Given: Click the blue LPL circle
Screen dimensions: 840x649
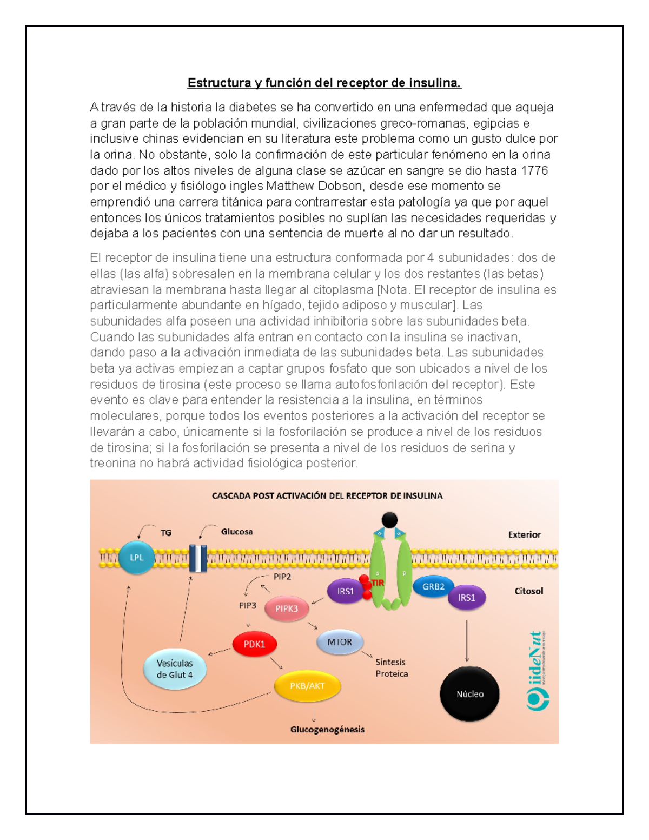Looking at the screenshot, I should [136, 557].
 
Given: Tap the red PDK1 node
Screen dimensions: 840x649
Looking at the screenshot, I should [254, 644].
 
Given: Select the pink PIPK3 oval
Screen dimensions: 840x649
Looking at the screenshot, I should [287, 608].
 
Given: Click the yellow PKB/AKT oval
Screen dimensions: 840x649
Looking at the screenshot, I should [307, 686].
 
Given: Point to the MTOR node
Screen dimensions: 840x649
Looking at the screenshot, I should [340, 642].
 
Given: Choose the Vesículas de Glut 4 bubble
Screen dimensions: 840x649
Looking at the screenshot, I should [175, 669].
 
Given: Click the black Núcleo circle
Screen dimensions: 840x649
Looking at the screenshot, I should [469, 694].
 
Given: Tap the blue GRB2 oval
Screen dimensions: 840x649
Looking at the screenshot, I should [433, 587].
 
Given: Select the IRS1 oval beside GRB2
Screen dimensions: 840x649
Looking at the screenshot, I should [466, 598].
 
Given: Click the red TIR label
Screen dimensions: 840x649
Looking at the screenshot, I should [378, 583].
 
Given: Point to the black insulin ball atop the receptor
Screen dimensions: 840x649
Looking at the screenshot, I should [389, 520].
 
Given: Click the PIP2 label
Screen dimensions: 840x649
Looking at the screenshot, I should [282, 577].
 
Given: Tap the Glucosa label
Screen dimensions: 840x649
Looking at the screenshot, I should [237, 532].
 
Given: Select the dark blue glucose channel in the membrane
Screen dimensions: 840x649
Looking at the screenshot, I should [198, 558].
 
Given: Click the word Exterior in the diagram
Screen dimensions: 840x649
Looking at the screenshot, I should [524, 534].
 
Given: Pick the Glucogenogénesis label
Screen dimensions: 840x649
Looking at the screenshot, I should [327, 730].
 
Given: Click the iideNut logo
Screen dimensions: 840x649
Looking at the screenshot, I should [538, 671].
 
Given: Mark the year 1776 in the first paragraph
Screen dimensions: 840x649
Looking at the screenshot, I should [534, 170].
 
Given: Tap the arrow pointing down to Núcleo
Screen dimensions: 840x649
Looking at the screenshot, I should [467, 641].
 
